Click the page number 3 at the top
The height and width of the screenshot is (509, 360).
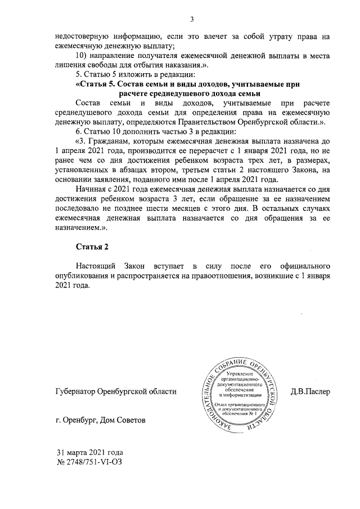click(192, 20)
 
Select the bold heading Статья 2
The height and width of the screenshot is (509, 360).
click(91, 246)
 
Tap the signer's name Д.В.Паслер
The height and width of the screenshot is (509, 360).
click(310, 391)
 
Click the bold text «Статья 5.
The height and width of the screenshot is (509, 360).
click(97, 84)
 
